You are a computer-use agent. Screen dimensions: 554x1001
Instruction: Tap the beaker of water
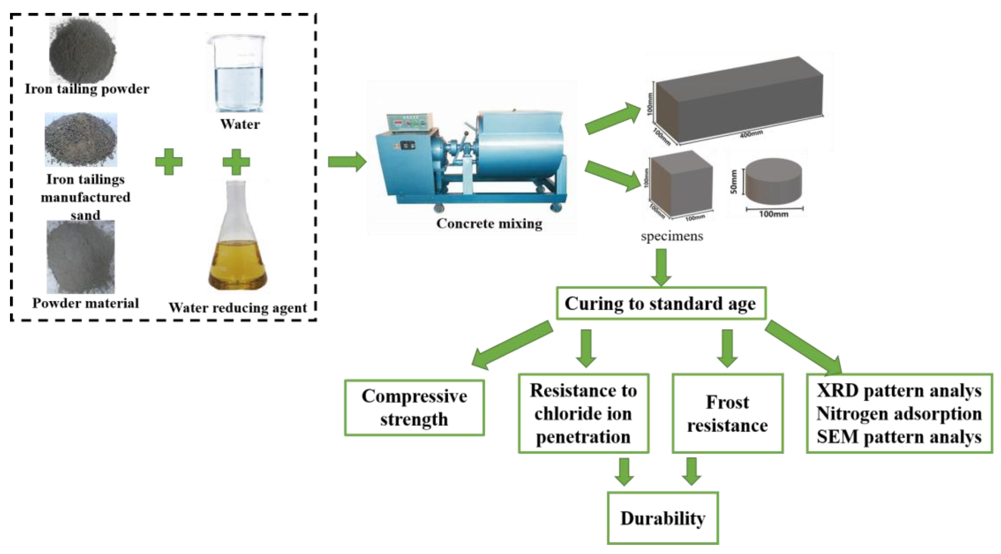(236, 74)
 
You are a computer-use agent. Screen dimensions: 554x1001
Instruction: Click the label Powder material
(85, 303)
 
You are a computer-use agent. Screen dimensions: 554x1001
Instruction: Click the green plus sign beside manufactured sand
(169, 162)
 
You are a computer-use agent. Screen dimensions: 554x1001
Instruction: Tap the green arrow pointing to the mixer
(347, 162)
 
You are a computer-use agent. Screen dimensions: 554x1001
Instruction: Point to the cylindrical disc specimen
(774, 181)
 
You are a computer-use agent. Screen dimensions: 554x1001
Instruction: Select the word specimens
(672, 236)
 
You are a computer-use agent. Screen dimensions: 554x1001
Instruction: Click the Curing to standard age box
(660, 303)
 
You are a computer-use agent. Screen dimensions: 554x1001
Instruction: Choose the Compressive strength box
(414, 408)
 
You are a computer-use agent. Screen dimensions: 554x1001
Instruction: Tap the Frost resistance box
(727, 413)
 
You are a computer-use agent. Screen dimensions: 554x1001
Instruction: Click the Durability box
(663, 518)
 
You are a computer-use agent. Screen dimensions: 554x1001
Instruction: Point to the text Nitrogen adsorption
(899, 413)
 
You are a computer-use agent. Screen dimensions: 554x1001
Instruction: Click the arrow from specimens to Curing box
(661, 267)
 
